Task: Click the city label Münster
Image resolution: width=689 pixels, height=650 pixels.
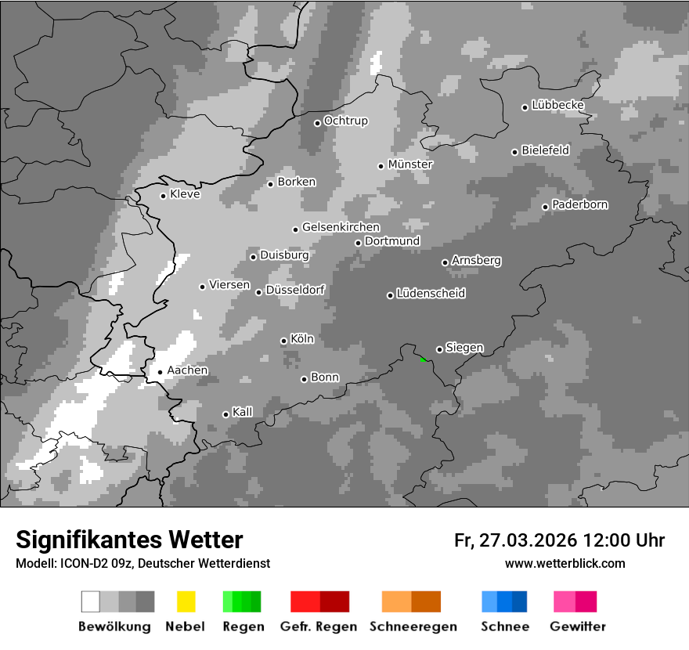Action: pyautogui.click(x=410, y=164)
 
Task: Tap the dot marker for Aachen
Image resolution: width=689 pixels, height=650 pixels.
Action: pyautogui.click(x=160, y=373)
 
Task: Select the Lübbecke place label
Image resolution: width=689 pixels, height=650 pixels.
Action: pyautogui.click(x=558, y=105)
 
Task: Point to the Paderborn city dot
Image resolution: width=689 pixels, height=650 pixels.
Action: pyautogui.click(x=545, y=207)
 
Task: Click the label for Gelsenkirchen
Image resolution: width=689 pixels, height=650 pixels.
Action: pyautogui.click(x=341, y=227)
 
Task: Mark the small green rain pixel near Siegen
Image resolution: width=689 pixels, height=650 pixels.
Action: pyautogui.click(x=422, y=359)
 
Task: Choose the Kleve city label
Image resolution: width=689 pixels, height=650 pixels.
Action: pyautogui.click(x=185, y=194)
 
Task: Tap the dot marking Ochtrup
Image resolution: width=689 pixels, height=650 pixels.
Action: pyautogui.click(x=317, y=123)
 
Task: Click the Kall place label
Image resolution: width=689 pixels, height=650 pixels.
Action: pyautogui.click(x=243, y=412)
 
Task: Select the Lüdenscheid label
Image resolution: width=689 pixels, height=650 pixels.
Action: pyautogui.click(x=431, y=294)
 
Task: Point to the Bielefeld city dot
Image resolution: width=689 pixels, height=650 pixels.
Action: pyautogui.click(x=514, y=152)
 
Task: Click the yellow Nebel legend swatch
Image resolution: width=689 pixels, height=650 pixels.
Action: pyautogui.click(x=186, y=601)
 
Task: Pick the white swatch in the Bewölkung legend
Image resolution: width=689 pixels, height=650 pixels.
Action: pyautogui.click(x=91, y=601)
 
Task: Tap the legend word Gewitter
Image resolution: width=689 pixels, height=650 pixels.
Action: pyautogui.click(x=578, y=627)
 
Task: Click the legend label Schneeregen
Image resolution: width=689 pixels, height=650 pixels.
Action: pyautogui.click(x=413, y=627)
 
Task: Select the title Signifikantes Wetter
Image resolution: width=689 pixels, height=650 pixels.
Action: pyautogui.click(x=129, y=540)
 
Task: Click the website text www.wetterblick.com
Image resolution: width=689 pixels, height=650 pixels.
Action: pyautogui.click(x=565, y=563)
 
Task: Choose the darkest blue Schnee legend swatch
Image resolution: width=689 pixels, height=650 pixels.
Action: pyautogui.click(x=520, y=601)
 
